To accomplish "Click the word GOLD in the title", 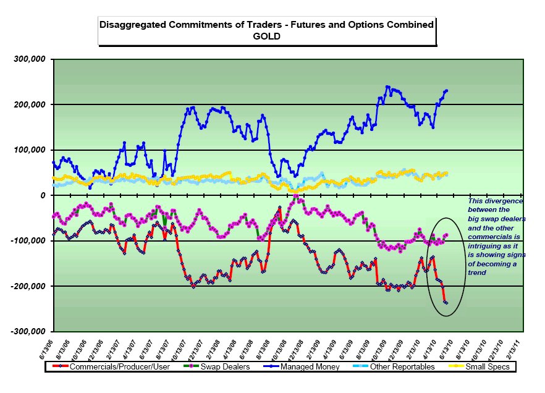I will [x=266, y=36].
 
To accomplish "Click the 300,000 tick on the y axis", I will [x=30, y=59].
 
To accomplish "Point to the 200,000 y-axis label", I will [x=30, y=104].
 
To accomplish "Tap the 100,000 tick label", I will [x=30, y=150].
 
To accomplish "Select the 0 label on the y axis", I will [x=43, y=195].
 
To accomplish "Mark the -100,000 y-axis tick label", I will [x=28, y=240].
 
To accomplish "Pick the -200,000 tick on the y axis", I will [x=28, y=286].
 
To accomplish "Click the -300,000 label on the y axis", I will [x=28, y=331].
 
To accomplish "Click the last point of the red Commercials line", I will [x=446, y=302].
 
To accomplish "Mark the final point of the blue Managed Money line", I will [x=447, y=90].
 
